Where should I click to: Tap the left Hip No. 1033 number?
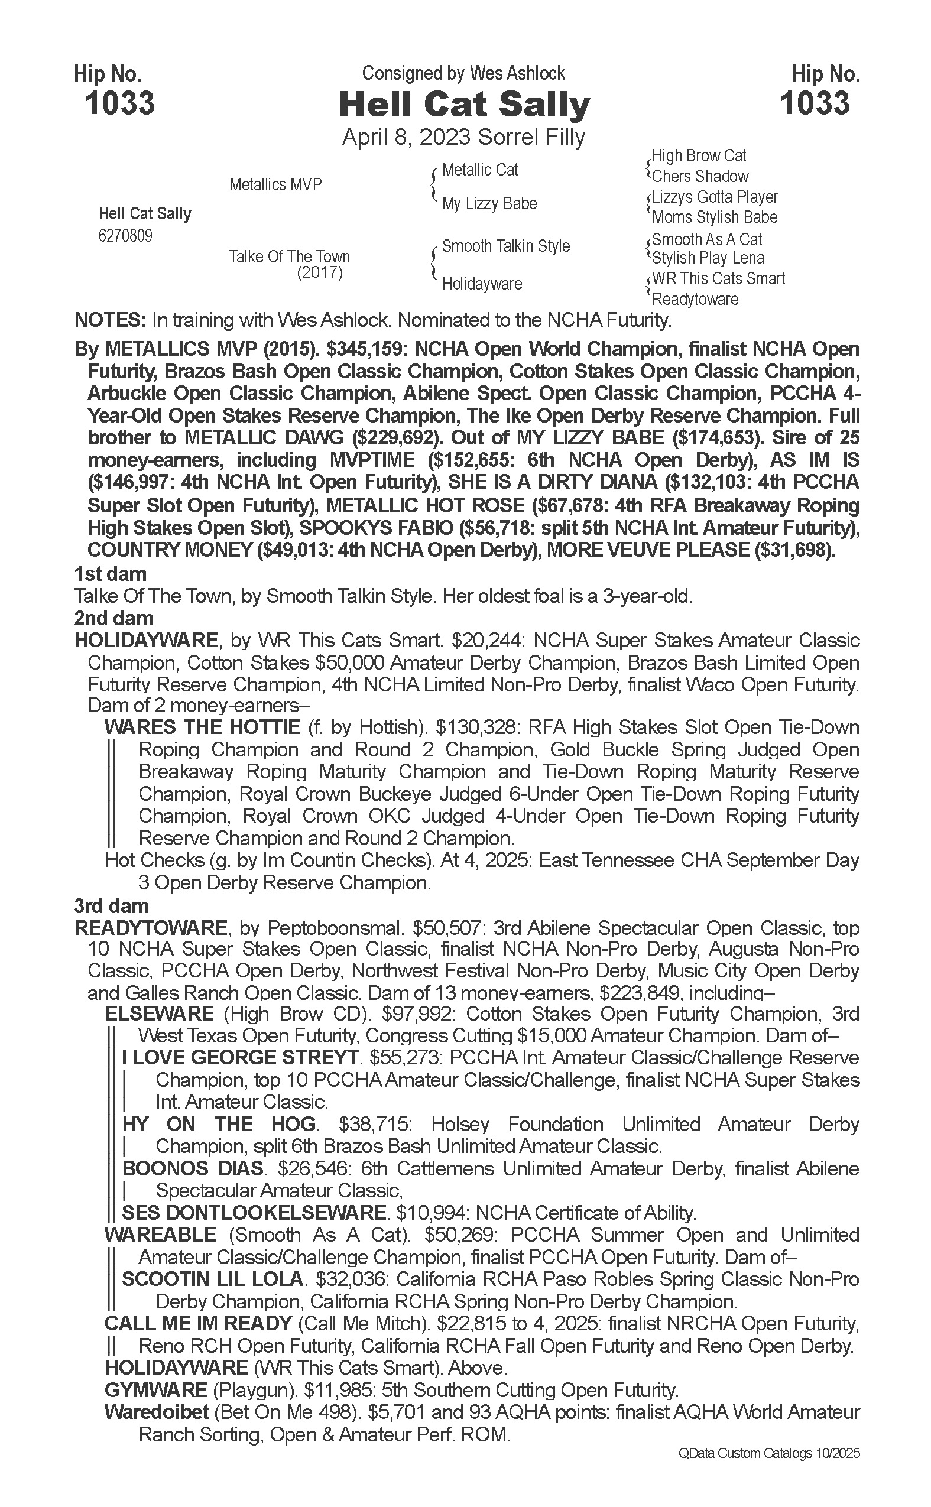[x=120, y=103]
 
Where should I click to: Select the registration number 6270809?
[x=125, y=236]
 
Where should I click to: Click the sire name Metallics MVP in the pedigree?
[x=275, y=184]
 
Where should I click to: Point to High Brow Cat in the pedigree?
[x=699, y=156]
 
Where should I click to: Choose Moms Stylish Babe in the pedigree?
[x=714, y=217]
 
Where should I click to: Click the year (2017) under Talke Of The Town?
[x=320, y=272]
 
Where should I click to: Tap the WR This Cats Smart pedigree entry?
[x=718, y=278]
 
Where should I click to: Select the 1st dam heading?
[x=110, y=574]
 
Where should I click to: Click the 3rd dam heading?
[x=112, y=905]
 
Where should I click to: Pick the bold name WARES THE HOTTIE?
[x=202, y=727]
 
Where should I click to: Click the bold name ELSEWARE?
[x=160, y=1014]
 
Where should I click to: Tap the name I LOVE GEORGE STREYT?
[x=240, y=1058]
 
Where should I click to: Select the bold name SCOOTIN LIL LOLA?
[x=212, y=1279]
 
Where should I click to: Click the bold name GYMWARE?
[x=156, y=1390]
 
